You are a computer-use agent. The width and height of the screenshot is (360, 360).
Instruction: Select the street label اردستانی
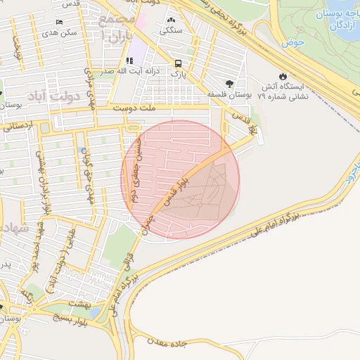(17, 127)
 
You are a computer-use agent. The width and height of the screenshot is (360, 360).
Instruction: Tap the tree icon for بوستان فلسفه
(229, 84)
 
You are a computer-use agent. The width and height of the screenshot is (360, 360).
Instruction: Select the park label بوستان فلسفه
(230, 94)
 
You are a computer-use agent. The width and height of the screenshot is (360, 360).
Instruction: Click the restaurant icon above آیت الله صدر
(129, 61)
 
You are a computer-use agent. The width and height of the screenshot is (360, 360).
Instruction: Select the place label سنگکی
(172, 30)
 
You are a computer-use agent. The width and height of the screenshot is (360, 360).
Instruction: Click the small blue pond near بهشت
(94, 312)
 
